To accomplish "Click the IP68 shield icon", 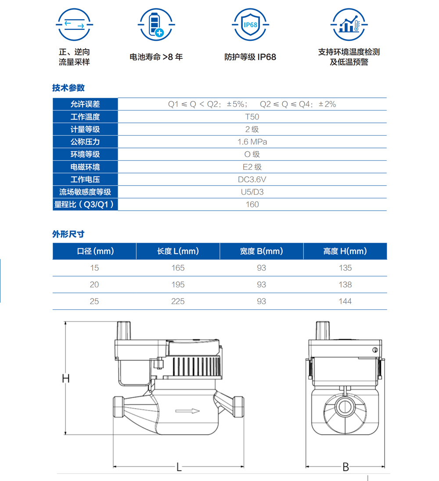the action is (x=250, y=25).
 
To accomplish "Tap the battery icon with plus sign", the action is (x=156, y=25).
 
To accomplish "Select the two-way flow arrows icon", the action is (x=74, y=25).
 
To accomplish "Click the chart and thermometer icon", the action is (x=349, y=25).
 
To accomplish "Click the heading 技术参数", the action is (x=68, y=88).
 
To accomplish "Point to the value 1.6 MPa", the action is (x=252, y=142).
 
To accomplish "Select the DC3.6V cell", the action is (x=252, y=179).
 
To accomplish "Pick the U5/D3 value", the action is (x=252, y=192).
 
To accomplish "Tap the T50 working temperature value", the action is (x=252, y=117).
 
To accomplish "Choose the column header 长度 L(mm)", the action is (x=178, y=251).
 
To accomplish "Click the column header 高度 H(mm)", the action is (x=345, y=251).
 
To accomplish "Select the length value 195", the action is (x=178, y=285).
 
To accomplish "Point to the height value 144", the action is (x=345, y=301).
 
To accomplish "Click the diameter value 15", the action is (x=94, y=268).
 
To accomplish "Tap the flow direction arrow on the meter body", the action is (x=187, y=411).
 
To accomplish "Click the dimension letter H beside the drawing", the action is (x=66, y=379).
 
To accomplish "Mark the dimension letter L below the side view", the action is (x=179, y=467).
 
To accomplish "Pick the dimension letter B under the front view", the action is (x=346, y=467).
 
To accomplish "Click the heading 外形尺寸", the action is (x=68, y=234).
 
